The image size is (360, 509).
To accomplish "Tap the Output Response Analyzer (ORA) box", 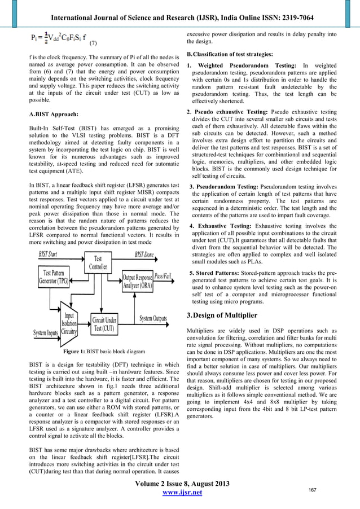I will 137,280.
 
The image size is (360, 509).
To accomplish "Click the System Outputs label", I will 153,319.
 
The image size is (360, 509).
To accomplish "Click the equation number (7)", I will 94,43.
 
